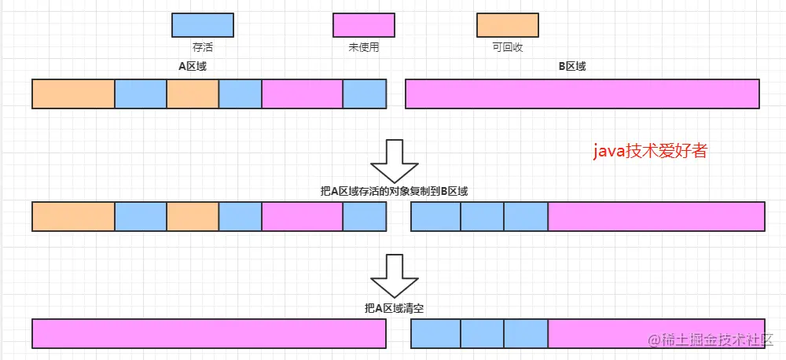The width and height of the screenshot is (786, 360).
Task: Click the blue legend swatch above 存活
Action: [x=203, y=25]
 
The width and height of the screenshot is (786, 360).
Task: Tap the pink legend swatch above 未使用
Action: [x=364, y=25]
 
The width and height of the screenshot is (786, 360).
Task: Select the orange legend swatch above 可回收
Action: [x=508, y=25]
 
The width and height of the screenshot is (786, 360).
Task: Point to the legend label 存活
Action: [x=203, y=47]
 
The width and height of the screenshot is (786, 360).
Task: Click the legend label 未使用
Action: [x=364, y=47]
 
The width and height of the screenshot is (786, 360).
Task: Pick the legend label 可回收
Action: [x=508, y=47]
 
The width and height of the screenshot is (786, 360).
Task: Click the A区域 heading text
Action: [x=193, y=67]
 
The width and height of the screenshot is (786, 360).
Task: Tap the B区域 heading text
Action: [x=572, y=67]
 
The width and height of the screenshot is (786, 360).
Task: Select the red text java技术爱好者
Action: [x=649, y=151]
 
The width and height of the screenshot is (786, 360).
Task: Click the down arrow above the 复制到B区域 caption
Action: [x=396, y=161]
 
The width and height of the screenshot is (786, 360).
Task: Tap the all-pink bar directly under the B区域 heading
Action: [x=582, y=94]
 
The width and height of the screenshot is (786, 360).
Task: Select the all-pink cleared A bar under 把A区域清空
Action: [x=208, y=333]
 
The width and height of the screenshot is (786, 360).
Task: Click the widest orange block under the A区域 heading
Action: [x=73, y=94]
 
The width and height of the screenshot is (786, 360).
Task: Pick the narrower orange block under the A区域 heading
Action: [x=193, y=94]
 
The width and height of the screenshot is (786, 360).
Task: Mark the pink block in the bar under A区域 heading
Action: [x=302, y=94]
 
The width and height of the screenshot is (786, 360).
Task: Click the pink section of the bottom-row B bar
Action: [x=656, y=333]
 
